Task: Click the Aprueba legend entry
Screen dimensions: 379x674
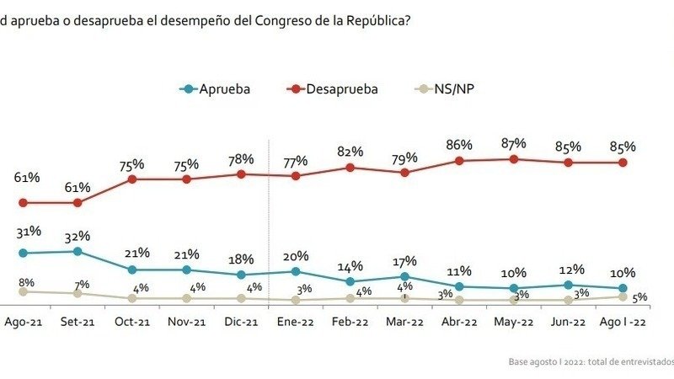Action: [x=217, y=88]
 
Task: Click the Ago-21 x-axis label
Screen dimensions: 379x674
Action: [x=24, y=322]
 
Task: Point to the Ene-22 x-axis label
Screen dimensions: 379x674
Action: [x=296, y=322]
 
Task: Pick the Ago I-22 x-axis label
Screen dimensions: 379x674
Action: [x=623, y=322]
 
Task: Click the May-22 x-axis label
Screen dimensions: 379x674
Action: [x=513, y=322]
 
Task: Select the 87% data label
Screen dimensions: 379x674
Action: [x=513, y=143]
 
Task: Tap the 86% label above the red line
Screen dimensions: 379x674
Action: [x=459, y=145]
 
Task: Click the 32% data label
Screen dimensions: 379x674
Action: [x=78, y=236]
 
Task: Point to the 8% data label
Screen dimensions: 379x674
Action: [x=25, y=283]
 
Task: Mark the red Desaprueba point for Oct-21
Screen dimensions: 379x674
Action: [x=132, y=179]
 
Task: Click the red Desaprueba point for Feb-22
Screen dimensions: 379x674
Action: [x=350, y=167]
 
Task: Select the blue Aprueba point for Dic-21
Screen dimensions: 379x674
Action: [x=241, y=275]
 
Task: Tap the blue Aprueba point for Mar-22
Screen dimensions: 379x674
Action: [x=405, y=276]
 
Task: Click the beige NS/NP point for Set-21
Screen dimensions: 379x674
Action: [x=78, y=293]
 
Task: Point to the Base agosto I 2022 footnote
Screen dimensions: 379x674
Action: [x=590, y=360]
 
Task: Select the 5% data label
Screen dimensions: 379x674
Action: [x=639, y=296]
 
